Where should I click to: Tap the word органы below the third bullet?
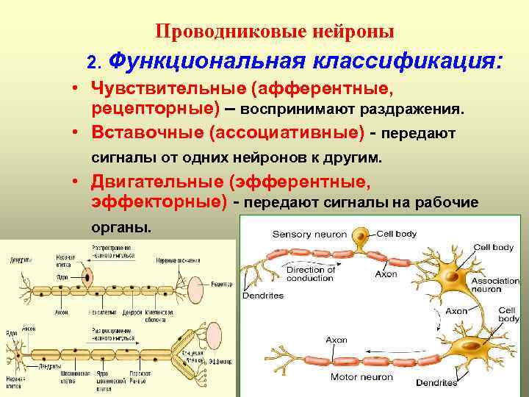pos(122,226)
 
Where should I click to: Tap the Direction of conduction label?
pos(310,273)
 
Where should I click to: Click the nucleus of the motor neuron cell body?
pos(470,346)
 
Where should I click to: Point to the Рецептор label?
pos(217,283)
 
